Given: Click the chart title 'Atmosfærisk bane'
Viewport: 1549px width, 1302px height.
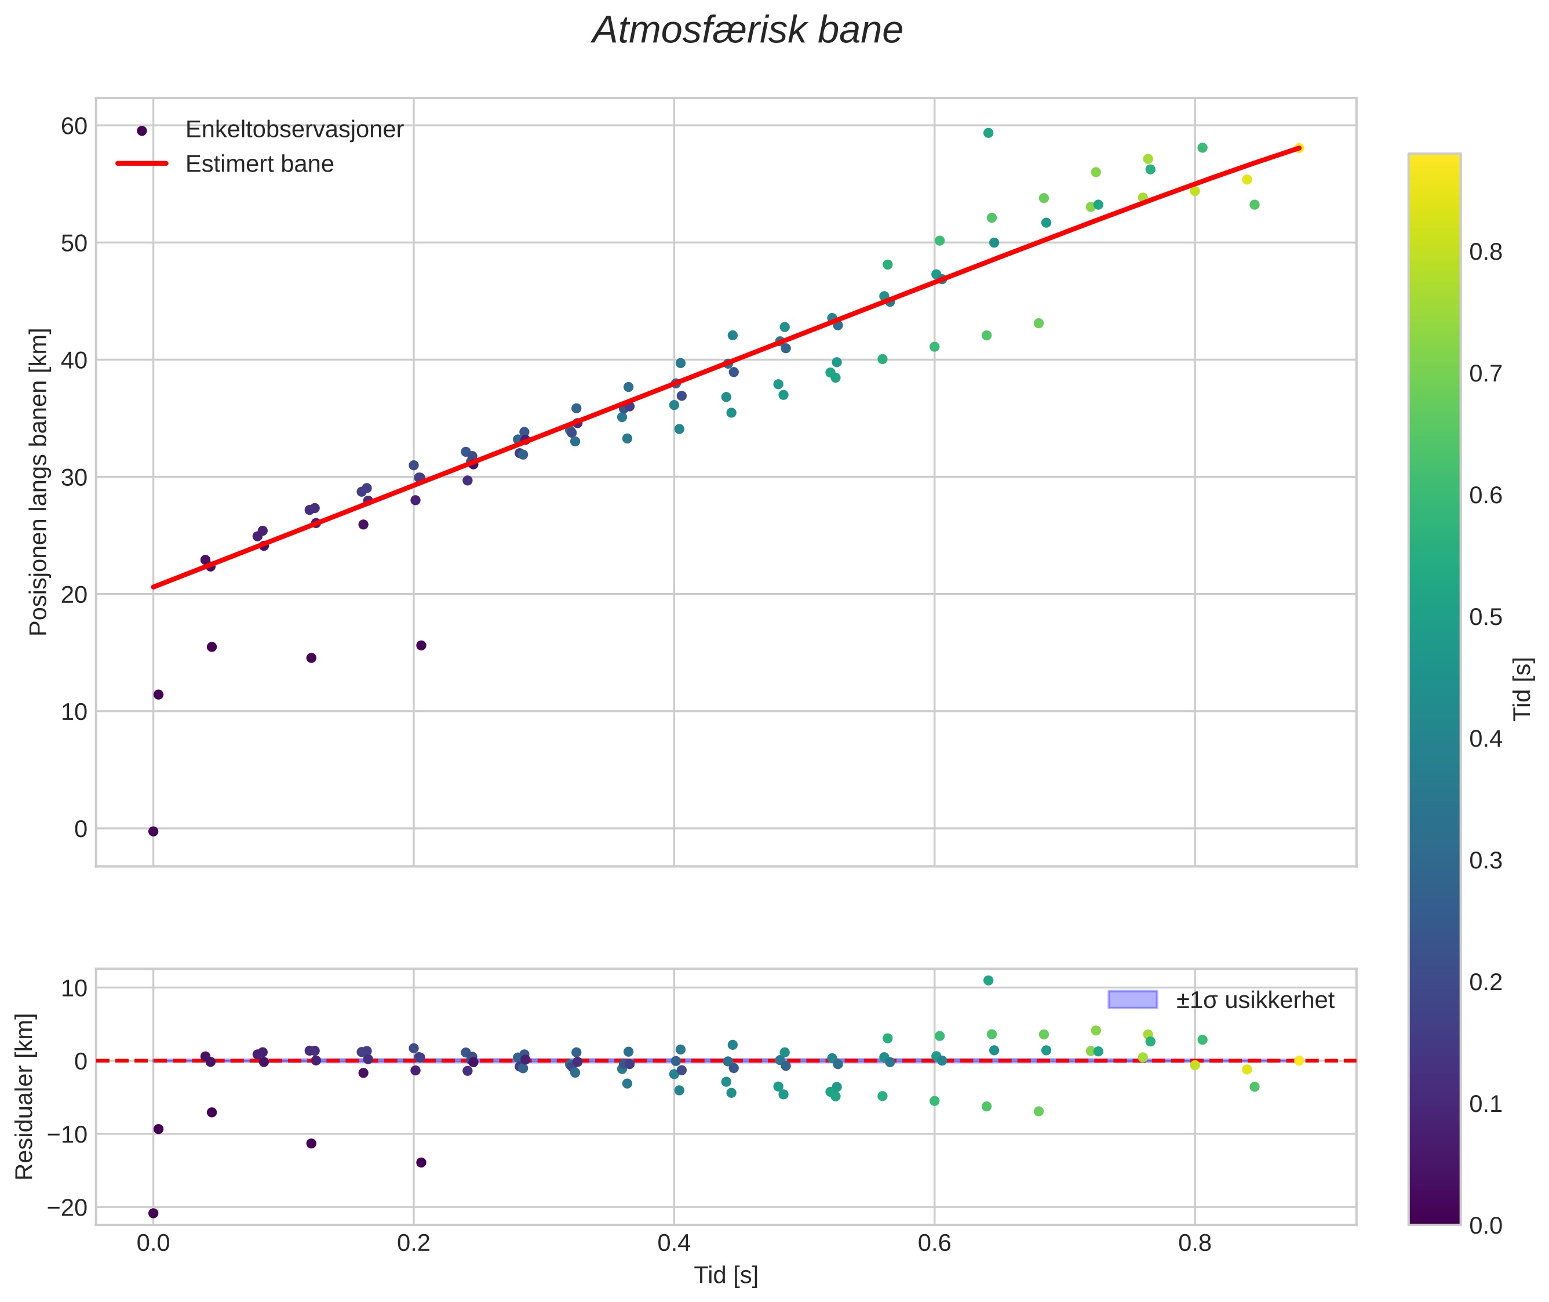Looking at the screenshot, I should (747, 31).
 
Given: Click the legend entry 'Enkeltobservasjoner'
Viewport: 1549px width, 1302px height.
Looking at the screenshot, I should (294, 130).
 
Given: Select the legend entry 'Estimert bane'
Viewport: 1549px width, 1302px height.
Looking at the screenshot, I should (259, 164).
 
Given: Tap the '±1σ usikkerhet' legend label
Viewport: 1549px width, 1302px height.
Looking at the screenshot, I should (1255, 1000).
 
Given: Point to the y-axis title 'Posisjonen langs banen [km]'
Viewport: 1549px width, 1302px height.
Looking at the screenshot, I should (38, 481).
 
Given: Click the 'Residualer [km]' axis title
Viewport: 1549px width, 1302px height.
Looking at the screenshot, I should (24, 1097).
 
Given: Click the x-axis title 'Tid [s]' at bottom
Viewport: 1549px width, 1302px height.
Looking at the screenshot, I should (726, 1275).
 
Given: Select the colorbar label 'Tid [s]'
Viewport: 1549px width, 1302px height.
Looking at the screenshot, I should (1522, 689).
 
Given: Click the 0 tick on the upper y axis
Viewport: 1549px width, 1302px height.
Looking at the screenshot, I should (81, 829).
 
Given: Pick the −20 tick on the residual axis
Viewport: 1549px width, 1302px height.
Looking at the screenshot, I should (67, 1208).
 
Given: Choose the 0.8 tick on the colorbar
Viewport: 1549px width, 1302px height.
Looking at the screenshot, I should (1485, 252).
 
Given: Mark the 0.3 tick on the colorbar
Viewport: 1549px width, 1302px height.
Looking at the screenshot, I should (1485, 861).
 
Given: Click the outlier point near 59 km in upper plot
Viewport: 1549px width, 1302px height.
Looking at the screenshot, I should (988, 133).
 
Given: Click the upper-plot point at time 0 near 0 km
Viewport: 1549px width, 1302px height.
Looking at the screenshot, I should (154, 831).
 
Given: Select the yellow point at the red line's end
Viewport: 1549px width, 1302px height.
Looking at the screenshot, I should (1299, 148).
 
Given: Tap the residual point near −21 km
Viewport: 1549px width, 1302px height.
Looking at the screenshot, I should (154, 1213).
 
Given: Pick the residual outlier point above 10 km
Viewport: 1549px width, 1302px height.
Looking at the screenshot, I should (988, 980).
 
